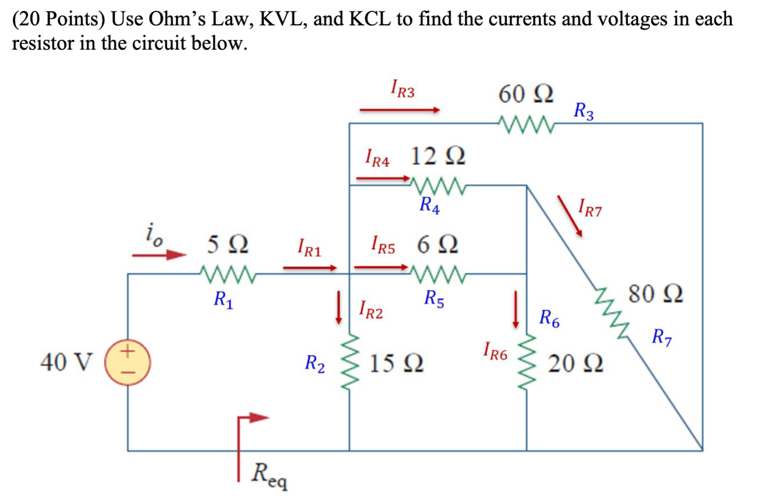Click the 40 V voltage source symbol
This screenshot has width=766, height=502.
128,362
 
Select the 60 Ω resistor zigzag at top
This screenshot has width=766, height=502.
526,124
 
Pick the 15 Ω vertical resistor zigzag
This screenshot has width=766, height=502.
350,362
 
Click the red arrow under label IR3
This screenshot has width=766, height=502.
399,110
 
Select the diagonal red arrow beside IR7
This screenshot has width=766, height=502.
570,216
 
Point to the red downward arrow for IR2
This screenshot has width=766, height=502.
339,308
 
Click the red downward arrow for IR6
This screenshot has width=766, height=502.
515,309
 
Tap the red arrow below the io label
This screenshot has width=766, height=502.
159,254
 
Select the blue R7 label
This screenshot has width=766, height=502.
661,338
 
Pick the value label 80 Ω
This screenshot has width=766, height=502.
655,294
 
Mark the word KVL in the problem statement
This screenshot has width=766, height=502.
283,19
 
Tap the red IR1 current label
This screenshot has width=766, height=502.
309,248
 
